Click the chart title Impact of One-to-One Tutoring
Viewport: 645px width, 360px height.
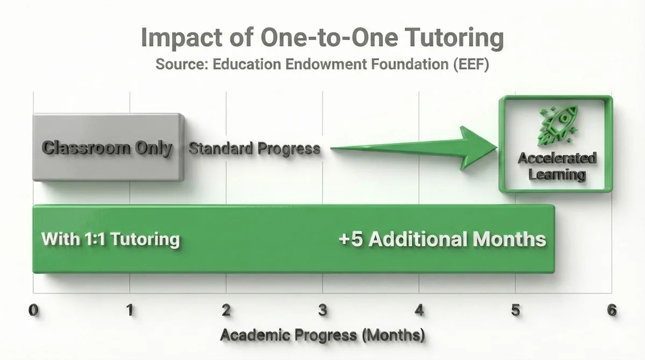pos(322,39)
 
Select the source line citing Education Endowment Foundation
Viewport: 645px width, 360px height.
pos(322,64)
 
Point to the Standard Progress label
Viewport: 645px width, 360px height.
pos(255,148)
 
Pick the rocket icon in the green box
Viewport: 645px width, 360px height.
pos(556,127)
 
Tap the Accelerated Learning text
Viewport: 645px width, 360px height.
pos(557,166)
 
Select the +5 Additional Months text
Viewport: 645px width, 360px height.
pos(442,239)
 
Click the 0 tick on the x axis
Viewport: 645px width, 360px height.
pos(34,311)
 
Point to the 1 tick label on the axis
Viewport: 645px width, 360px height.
pos(130,311)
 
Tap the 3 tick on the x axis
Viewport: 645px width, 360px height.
pos(322,311)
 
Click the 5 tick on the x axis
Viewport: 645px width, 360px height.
pos(515,311)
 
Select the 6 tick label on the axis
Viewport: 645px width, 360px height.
pos(611,311)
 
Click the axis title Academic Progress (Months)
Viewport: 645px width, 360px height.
pos(322,336)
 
